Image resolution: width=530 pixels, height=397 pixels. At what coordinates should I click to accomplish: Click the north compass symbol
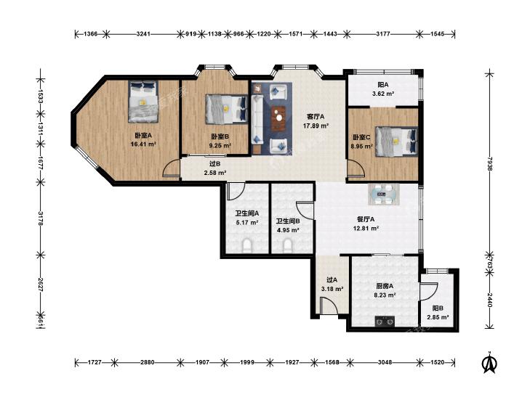(489, 363)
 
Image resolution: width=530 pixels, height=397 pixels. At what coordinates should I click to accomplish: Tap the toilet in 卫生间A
(248, 246)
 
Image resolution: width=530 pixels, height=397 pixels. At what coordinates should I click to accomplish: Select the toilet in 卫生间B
(287, 246)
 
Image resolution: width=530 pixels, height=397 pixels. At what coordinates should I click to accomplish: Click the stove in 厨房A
(385, 322)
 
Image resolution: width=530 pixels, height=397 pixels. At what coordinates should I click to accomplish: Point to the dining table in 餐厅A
(384, 195)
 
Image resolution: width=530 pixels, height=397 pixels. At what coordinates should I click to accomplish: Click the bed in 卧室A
(143, 101)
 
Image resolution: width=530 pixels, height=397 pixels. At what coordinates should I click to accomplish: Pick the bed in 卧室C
(396, 142)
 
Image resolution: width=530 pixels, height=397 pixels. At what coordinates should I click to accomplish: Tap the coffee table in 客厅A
(279, 118)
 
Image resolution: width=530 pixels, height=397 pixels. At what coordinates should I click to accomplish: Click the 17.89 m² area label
(316, 126)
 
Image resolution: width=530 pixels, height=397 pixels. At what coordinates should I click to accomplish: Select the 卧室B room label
(220, 136)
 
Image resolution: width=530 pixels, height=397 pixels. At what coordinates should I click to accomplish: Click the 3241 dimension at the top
(143, 33)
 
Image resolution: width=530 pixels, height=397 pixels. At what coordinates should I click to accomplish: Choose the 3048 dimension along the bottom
(385, 362)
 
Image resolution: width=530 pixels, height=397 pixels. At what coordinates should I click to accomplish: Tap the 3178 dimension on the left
(40, 218)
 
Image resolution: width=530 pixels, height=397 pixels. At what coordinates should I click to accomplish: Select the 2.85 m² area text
(438, 317)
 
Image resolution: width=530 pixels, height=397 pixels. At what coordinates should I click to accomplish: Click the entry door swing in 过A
(329, 306)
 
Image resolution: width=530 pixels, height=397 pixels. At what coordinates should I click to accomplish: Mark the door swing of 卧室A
(171, 168)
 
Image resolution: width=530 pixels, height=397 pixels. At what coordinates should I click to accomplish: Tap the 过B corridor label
(215, 164)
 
